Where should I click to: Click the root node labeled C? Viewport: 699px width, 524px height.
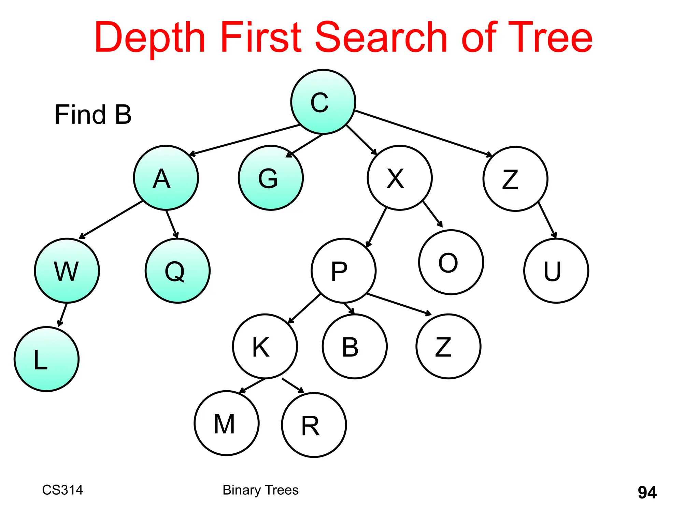tap(323, 102)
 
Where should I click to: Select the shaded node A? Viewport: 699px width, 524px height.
tap(166, 178)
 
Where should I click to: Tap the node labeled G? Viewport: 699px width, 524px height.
tap(271, 178)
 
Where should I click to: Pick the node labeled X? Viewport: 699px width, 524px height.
tap(400, 178)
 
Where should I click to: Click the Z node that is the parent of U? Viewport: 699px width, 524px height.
tap(515, 179)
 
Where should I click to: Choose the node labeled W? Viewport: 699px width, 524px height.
tap(67, 271)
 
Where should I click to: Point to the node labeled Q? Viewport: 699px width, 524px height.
tap(177, 271)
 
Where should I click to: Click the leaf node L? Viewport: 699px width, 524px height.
tap(47, 359)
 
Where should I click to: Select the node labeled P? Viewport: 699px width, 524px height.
tap(343, 271)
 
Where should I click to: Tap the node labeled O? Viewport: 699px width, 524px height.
tap(451, 262)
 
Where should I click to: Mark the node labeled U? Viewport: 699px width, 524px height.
tap(556, 271)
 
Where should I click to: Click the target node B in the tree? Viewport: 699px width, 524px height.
tap(355, 346)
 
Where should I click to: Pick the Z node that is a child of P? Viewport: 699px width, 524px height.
tap(448, 346)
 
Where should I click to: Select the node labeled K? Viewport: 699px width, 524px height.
tap(265, 346)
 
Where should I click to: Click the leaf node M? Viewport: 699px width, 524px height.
tap(227, 423)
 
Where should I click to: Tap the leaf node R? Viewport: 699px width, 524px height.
tap(314, 425)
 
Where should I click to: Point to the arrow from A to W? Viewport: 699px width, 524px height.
tap(111, 220)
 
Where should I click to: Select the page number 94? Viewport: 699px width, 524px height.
tap(647, 492)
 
